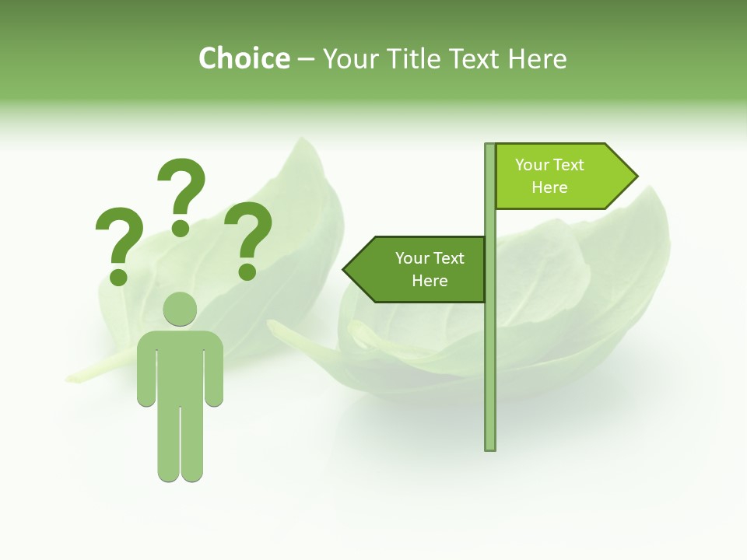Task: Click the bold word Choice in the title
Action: (244, 58)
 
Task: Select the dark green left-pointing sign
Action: (420, 269)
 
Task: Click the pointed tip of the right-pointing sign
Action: (635, 177)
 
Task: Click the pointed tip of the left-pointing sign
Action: (345, 270)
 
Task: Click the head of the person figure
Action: (180, 309)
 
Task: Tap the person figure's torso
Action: (180, 366)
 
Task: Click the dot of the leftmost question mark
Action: (119, 276)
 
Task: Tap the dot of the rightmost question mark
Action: (247, 271)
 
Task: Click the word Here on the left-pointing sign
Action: (430, 281)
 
